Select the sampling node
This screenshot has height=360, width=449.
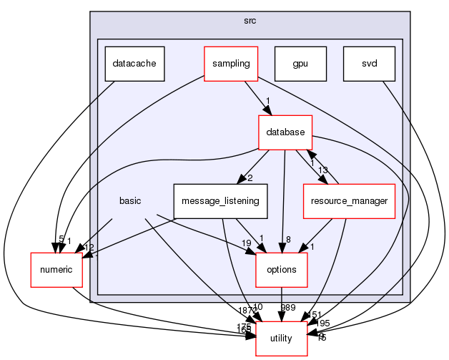point(230,63)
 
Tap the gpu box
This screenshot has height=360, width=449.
point(300,63)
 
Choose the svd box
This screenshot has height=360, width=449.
point(369,63)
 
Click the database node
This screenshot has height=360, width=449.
point(285,132)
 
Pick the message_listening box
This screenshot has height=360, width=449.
point(220,200)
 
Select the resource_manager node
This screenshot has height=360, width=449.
point(349,200)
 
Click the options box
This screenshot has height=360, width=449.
point(282,269)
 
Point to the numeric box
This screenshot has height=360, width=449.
point(56,269)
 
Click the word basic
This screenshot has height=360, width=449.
point(130,200)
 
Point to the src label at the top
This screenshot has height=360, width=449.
point(250,21)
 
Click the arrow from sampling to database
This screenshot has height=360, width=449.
point(256,97)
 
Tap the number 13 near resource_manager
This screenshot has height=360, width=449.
point(322,170)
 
